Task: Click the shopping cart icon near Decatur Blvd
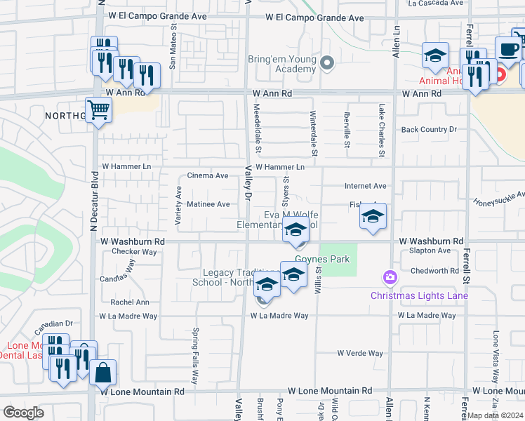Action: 99,109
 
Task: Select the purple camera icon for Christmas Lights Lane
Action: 390,279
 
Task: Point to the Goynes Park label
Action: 322,260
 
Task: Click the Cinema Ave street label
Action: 208,175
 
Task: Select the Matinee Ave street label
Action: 209,204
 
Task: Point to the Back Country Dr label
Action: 429,129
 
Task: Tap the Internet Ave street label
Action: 365,186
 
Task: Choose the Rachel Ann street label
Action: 130,302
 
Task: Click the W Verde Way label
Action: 360,353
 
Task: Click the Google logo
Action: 23,412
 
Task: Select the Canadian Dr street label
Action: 56,323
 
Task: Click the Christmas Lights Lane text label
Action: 419,295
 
